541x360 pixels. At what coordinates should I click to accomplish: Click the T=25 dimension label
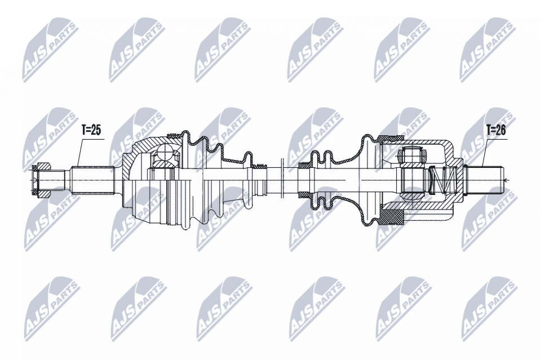click(91, 130)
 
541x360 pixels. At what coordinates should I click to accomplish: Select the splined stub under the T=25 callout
click(94, 180)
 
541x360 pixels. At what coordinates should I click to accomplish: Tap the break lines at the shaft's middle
click(280, 180)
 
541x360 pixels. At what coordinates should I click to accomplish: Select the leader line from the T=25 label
click(79, 152)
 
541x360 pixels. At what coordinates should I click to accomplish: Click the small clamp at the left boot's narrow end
click(260, 167)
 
